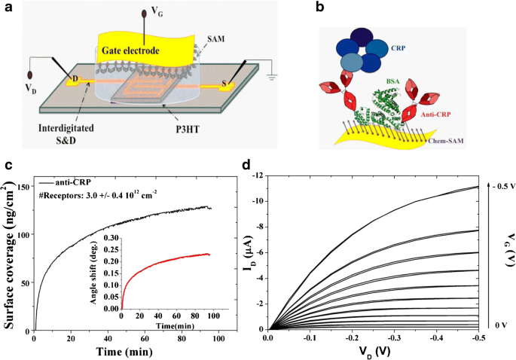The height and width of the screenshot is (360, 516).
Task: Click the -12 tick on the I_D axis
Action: tap(258, 175)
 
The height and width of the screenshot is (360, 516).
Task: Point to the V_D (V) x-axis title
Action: tap(372, 351)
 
